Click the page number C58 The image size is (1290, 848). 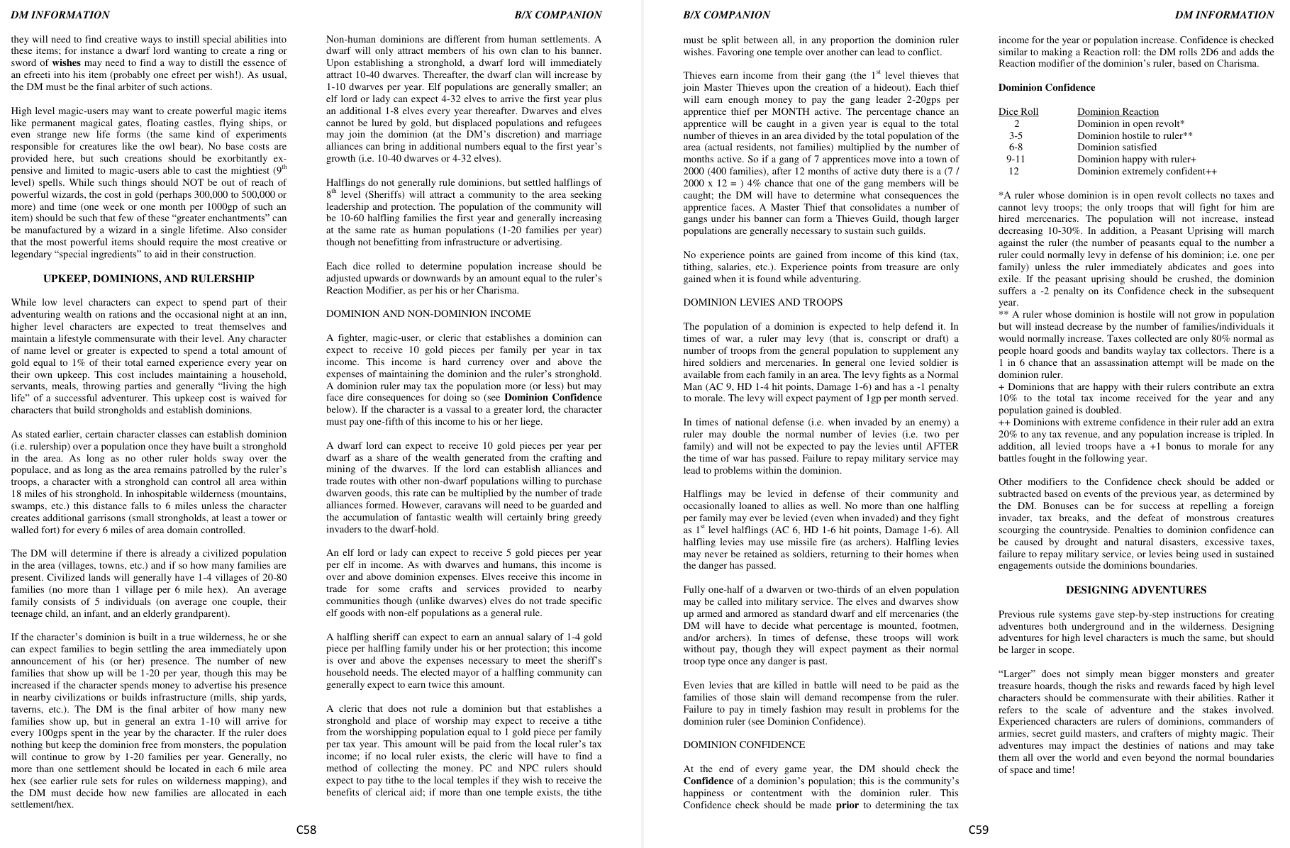point(306,830)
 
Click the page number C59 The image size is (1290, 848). point(979,830)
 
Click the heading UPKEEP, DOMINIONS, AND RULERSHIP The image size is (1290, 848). point(149,279)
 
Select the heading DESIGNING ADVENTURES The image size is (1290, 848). point(1136,590)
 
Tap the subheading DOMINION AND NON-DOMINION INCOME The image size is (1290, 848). point(428,314)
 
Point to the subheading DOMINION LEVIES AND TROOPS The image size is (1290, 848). point(763,303)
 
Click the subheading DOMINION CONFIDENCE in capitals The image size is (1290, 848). point(744,745)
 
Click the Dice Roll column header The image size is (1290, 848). point(1018,112)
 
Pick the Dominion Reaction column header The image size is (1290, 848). point(1118,112)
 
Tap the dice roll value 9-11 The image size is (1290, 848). point(1016,160)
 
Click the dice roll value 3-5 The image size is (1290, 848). point(1016,135)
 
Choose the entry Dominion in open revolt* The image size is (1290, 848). point(1130,124)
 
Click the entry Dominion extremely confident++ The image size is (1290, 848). point(1147,172)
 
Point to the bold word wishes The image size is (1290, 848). point(67,63)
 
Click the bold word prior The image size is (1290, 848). point(847,805)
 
